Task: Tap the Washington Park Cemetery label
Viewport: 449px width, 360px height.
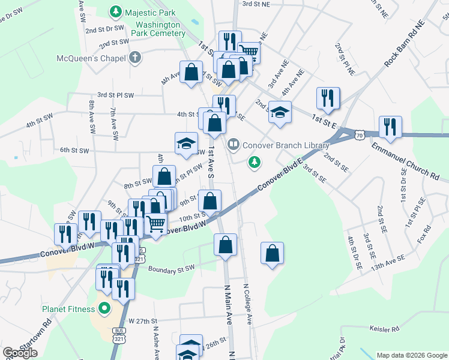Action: (x=160, y=29)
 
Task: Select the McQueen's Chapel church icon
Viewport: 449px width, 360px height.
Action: (x=136, y=58)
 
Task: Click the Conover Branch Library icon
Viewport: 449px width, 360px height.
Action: (x=233, y=144)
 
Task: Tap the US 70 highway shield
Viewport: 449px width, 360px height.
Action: (x=359, y=135)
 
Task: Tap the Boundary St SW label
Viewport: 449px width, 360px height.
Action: (x=172, y=268)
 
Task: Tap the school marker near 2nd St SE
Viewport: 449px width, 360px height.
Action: (x=280, y=112)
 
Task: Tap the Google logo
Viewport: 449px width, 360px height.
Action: (x=20, y=353)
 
